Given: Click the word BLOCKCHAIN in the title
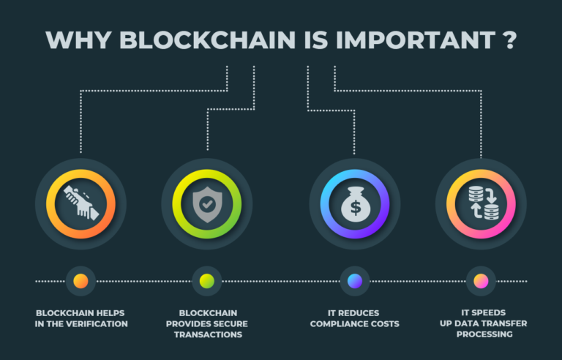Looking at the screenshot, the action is [207, 40].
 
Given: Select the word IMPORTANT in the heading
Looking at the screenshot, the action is [416, 40].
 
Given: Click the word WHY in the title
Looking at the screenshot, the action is [78, 40].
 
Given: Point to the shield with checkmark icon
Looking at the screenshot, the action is [207, 204].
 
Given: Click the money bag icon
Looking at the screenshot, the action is [355, 204].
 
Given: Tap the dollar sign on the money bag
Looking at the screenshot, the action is [355, 208].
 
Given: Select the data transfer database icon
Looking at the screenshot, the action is [484, 203].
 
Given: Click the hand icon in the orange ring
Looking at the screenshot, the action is [81, 202].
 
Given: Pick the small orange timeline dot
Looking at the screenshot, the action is [80, 281].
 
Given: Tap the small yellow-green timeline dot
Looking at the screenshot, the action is [207, 281].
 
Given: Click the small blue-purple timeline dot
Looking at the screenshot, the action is [355, 281].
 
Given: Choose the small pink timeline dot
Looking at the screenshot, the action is [481, 281].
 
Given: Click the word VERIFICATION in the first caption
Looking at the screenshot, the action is [97, 324].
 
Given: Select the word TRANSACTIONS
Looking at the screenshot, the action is [208, 334].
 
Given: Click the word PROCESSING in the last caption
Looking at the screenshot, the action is [484, 334].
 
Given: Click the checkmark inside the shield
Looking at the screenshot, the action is [208, 204].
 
